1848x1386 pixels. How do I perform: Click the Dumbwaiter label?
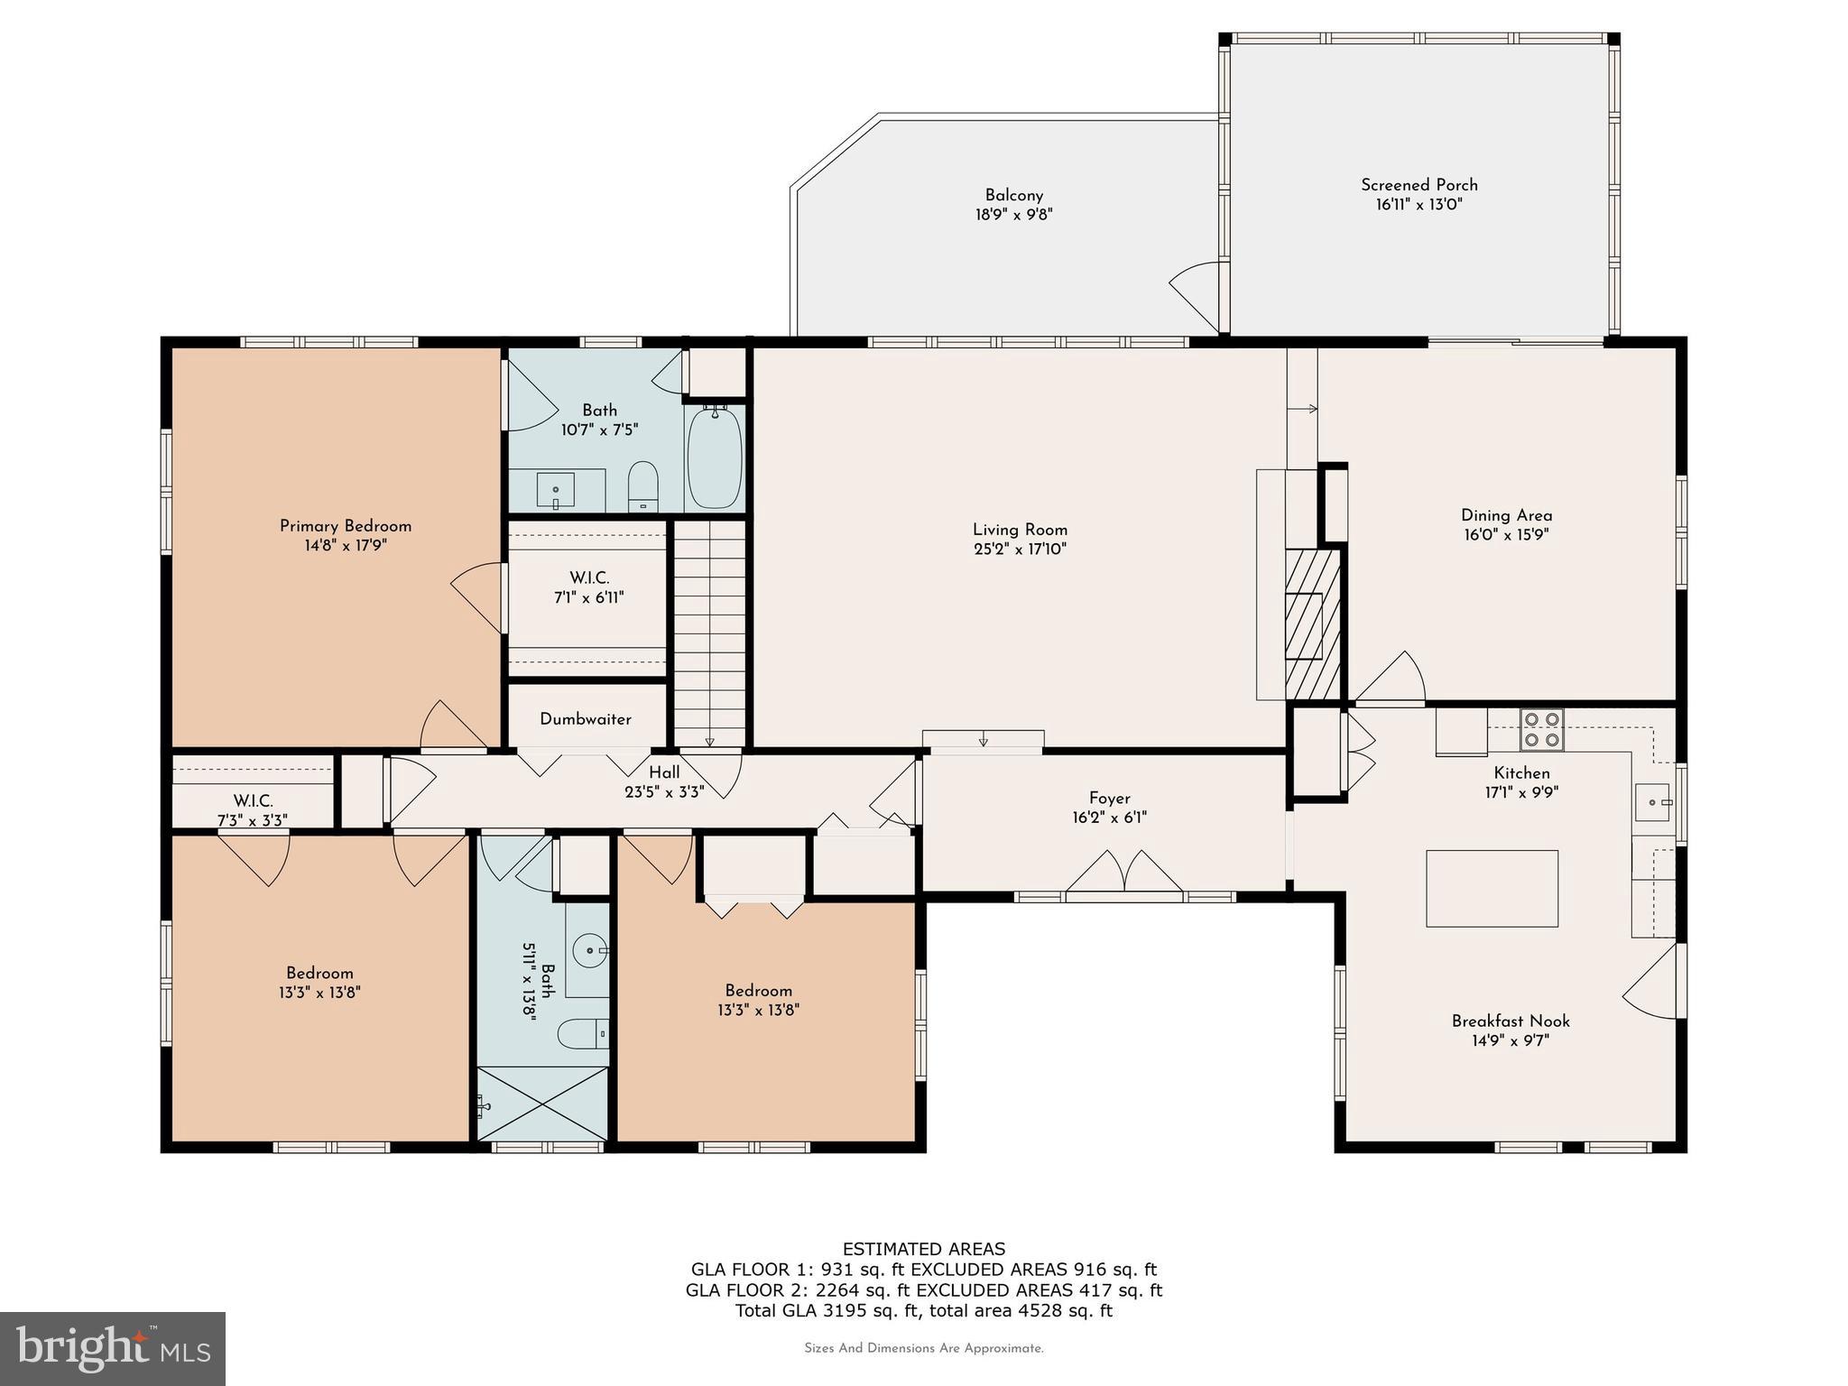tap(586, 719)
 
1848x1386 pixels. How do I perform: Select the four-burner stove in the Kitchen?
tap(1541, 730)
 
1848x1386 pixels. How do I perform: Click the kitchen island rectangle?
tap(1492, 888)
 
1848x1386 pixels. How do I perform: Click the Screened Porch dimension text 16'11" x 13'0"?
tap(1418, 205)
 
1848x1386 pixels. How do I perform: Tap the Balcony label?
tap(1014, 195)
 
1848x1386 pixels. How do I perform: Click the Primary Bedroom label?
tap(346, 526)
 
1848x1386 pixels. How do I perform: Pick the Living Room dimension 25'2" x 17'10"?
tap(1020, 549)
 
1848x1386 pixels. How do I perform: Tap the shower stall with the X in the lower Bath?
tap(542, 1104)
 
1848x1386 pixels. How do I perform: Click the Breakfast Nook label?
tap(1511, 1021)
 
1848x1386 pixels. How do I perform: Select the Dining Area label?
tap(1506, 515)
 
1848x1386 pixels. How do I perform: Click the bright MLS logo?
tap(112, 1348)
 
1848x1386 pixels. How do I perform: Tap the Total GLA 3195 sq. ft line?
tap(924, 1310)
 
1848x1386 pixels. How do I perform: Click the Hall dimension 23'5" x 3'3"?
tap(664, 792)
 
